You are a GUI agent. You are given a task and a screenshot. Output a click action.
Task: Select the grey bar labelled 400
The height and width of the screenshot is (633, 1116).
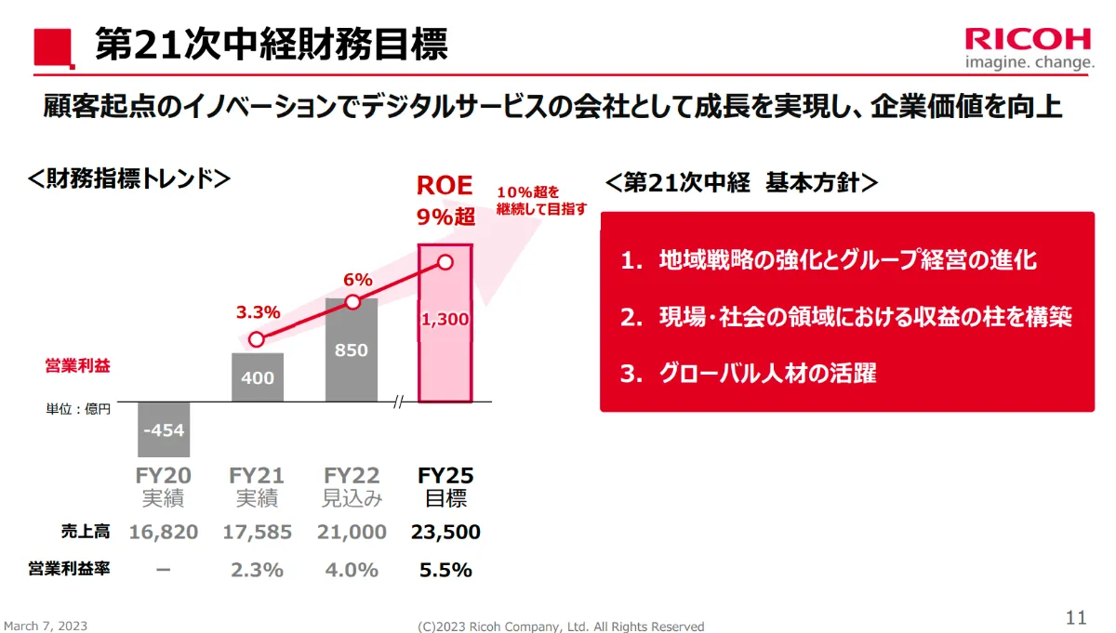258,377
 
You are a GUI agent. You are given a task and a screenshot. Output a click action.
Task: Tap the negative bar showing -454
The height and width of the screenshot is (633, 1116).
164,429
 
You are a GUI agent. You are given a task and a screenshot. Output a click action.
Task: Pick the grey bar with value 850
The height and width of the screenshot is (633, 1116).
352,349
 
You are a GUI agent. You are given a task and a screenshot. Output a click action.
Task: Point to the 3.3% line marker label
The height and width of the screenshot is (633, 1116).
258,312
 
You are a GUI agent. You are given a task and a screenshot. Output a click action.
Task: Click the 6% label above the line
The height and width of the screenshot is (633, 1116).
357,279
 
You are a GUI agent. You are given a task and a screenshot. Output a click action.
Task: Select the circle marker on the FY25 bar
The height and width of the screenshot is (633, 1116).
445,262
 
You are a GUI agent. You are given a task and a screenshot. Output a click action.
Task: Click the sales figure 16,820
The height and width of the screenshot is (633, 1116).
164,533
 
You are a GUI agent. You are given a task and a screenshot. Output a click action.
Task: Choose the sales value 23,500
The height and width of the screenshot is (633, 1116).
445,533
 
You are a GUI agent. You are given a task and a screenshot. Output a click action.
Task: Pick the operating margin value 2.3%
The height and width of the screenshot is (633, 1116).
257,570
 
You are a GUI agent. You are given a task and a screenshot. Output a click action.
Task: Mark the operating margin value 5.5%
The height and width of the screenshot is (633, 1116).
445,570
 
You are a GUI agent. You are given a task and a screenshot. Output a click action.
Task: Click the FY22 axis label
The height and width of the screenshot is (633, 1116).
352,476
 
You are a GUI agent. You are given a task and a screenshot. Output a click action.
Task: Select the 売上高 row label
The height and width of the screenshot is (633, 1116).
85,532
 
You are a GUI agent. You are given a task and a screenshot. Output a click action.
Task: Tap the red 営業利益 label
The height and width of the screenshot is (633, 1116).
77,366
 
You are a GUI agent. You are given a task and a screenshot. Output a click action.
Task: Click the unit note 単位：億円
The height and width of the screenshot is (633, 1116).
79,409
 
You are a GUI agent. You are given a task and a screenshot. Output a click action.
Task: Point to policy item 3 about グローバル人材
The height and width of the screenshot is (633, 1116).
749,374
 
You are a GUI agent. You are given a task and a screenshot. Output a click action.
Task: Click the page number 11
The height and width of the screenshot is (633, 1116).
1075,617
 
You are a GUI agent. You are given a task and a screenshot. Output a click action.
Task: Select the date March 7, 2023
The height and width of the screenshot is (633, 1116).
46,626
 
